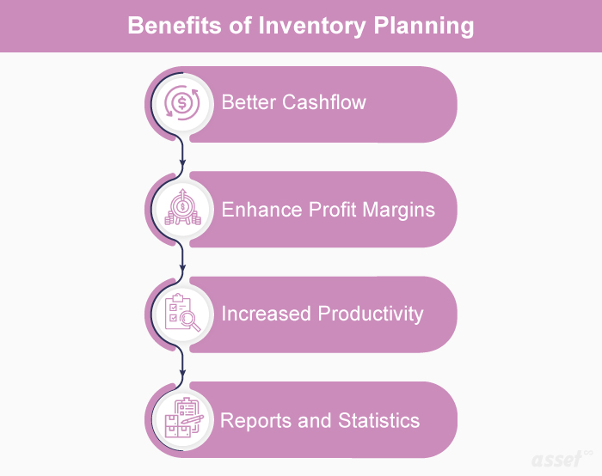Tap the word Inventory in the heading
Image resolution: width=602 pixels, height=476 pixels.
coord(312,26)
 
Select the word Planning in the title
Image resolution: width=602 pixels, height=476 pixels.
coord(423,26)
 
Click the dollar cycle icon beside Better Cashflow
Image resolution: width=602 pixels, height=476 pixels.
coord(182,103)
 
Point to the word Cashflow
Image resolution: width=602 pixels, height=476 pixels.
coord(324,102)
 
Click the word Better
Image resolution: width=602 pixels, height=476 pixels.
coord(249,102)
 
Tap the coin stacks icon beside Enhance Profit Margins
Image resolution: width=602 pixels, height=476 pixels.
coord(182,208)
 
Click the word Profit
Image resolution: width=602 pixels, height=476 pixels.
coord(333,210)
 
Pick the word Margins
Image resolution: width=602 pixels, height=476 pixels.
coord(399,211)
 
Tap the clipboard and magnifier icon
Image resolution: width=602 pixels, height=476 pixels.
coord(182,312)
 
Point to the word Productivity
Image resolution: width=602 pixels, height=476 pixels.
coord(371,314)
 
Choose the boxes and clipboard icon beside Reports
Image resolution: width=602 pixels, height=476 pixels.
coord(183,418)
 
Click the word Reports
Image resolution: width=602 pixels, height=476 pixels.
coord(255,421)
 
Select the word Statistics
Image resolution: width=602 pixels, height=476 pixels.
coord(379,420)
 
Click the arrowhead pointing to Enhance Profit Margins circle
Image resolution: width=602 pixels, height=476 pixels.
coord(182,164)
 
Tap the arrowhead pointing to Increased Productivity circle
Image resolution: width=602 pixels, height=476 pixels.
coord(182,268)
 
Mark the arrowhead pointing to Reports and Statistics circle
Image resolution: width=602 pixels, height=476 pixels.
coord(182,373)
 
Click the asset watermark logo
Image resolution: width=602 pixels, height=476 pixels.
coord(562,459)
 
